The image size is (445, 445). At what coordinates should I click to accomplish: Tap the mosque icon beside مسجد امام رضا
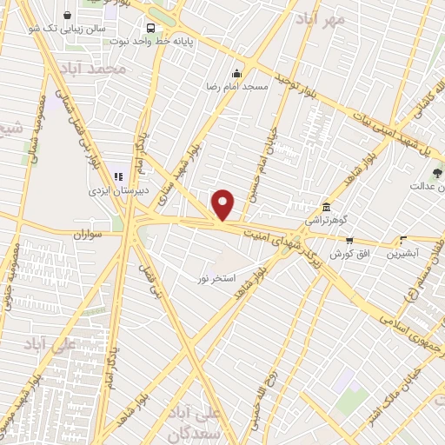click(x=236, y=73)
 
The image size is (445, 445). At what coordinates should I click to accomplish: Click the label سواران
click(x=88, y=235)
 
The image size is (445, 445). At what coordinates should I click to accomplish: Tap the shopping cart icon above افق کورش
click(x=349, y=240)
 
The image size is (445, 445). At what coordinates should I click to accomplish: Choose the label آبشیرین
click(x=402, y=253)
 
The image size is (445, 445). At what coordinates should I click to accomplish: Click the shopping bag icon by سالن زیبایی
click(x=67, y=15)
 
